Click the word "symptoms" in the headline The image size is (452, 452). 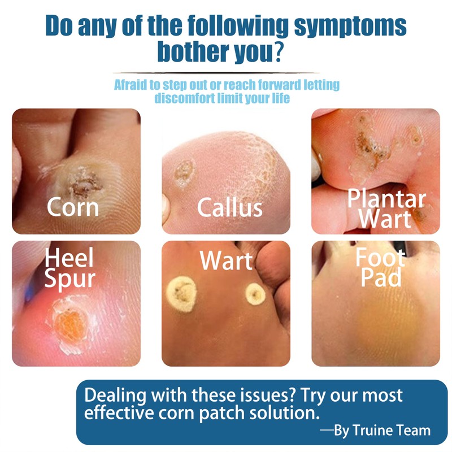tap(350, 27)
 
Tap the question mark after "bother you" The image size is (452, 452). tap(278, 51)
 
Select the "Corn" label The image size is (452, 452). tap(73, 207)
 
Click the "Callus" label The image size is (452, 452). tap(230, 207)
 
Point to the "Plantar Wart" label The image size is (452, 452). tap(386, 208)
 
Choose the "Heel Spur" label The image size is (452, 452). tap(69, 267)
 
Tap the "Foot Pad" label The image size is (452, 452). tap(380, 267)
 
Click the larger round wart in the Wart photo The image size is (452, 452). tap(181, 294)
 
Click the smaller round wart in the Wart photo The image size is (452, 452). tap(255, 294)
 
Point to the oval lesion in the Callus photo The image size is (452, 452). tap(185, 172)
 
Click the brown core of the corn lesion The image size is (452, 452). tap(85, 185)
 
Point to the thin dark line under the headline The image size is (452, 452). tap(216, 73)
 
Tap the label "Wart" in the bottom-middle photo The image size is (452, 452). tap(226, 260)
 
